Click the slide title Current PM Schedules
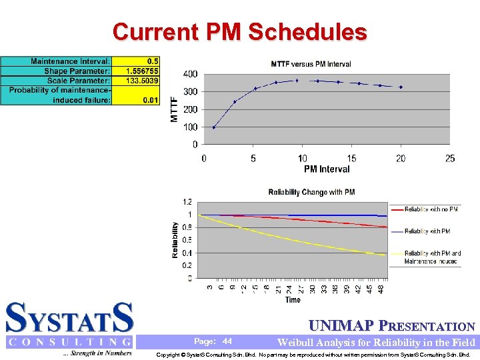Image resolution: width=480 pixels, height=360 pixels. tap(239, 32)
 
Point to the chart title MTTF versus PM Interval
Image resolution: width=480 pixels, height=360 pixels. tap(311, 64)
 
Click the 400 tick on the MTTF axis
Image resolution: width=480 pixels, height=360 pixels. tap(190, 74)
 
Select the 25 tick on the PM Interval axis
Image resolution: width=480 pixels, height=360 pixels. tap(450, 158)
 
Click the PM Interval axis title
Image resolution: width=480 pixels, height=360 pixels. tap(327, 169)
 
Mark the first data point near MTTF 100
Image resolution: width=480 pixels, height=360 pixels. tap(213, 127)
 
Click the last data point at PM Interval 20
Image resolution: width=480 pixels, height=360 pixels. tap(401, 87)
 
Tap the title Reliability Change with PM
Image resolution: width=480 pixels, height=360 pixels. tap(311, 192)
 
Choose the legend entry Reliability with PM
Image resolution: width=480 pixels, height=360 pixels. tap(427, 231)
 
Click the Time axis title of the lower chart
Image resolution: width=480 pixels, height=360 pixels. tap(293, 300)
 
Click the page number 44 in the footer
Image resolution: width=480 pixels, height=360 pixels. tap(227, 341)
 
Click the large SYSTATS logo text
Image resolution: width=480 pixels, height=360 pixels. tap(69, 318)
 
